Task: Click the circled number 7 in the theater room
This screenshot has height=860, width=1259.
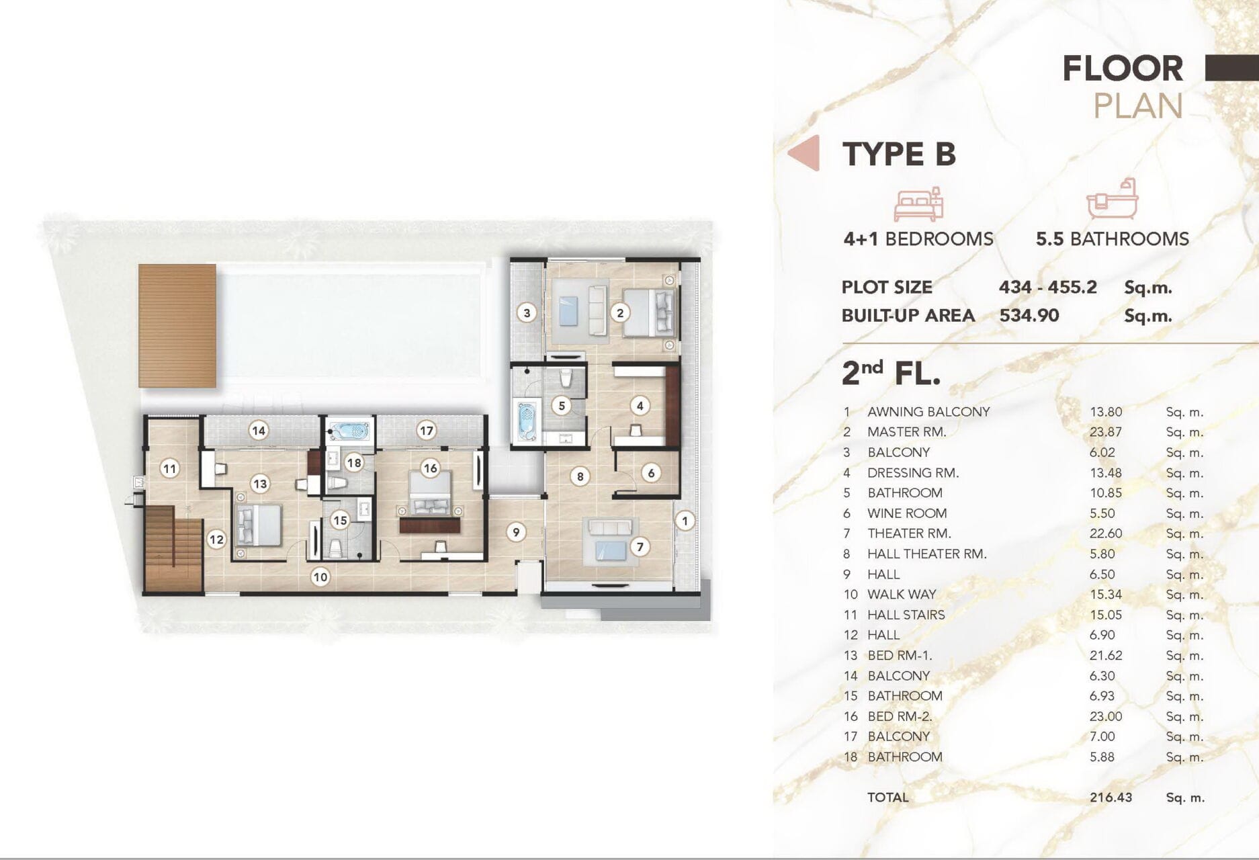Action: tap(640, 547)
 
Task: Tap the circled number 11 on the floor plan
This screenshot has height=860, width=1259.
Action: tap(169, 468)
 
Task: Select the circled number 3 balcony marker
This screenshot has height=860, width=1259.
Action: tap(527, 312)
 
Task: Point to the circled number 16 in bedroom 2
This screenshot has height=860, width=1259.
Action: tap(430, 468)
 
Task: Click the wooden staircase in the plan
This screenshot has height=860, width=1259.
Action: tap(173, 549)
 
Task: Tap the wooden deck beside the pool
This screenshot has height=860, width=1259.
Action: tap(177, 326)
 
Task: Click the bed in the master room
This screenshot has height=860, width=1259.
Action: tap(649, 312)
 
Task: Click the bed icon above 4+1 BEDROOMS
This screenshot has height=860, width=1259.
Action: tap(918, 205)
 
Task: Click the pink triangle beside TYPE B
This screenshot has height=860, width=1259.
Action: tap(804, 153)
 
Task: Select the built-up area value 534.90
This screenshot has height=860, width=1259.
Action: tap(1029, 315)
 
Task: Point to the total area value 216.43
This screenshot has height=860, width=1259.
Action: tap(1111, 798)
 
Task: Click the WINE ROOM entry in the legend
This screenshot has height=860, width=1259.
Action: tap(907, 513)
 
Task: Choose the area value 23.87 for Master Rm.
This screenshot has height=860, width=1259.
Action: tap(1106, 432)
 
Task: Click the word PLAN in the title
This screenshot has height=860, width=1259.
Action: tap(1138, 106)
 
